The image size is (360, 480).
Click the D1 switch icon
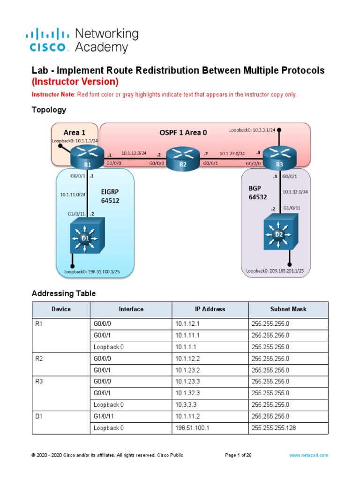click(x=86, y=238)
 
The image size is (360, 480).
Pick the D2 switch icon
click(x=280, y=231)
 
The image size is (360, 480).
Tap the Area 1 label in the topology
click(x=68, y=132)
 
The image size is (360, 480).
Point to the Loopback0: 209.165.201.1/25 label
click(x=275, y=270)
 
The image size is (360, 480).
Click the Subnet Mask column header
click(x=288, y=309)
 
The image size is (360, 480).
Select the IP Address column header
click(x=210, y=309)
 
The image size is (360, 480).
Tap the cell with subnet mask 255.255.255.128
click(x=274, y=428)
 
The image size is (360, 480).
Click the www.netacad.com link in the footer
click(x=308, y=455)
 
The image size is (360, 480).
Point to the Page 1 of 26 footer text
click(x=238, y=455)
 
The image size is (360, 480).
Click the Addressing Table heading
click(x=63, y=293)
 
